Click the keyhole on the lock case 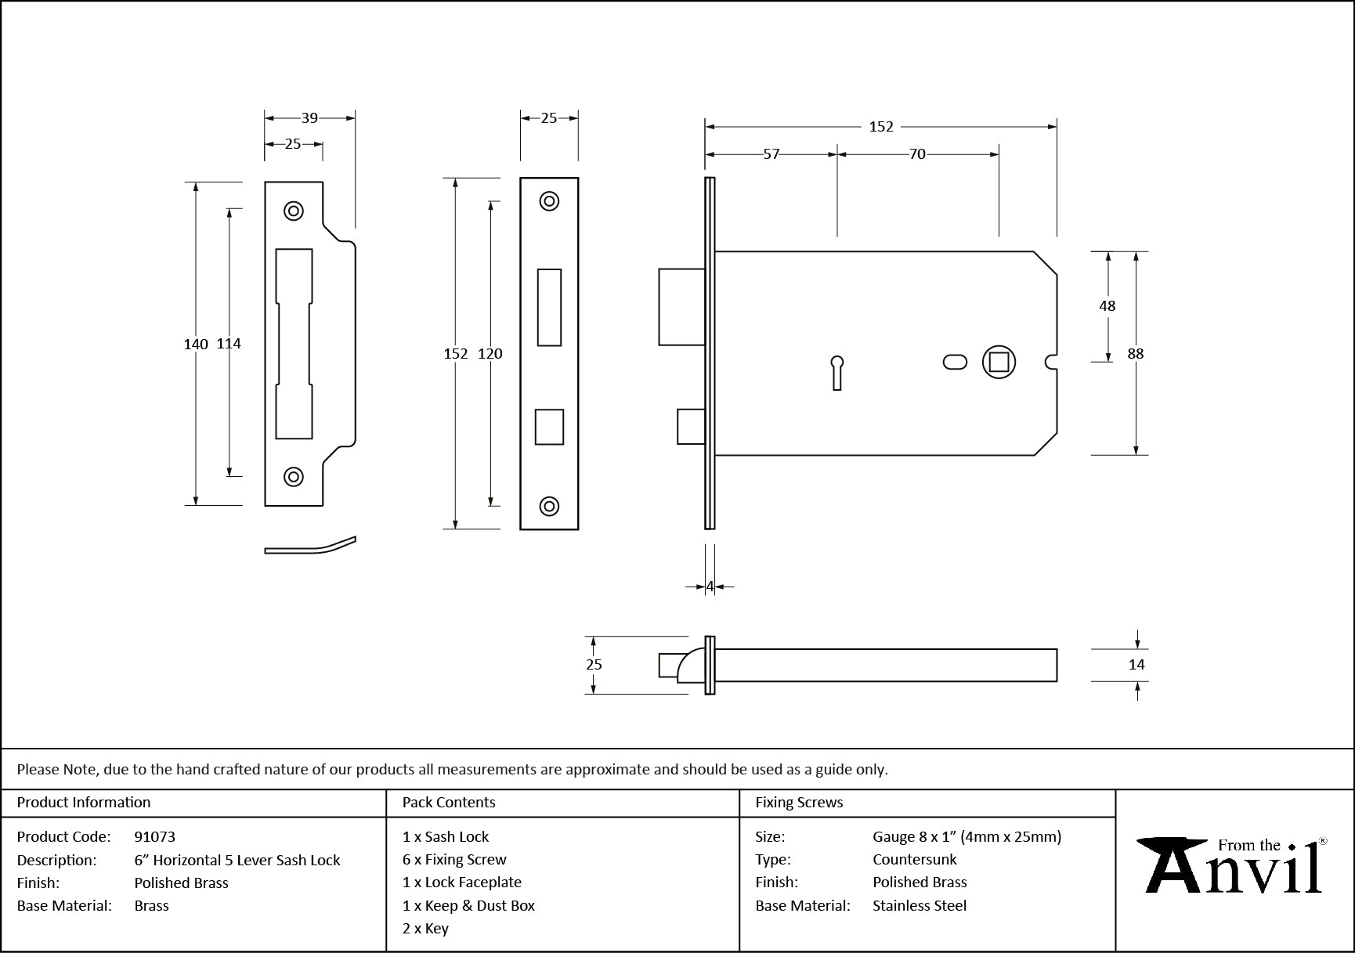click(836, 371)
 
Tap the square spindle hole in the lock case click(999, 362)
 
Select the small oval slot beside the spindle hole click(955, 362)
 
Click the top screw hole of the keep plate click(294, 211)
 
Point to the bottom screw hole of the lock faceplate click(549, 506)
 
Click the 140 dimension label click(195, 344)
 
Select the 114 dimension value click(229, 344)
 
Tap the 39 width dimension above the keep click(309, 118)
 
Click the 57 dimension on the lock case click(771, 154)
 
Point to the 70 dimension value click(917, 154)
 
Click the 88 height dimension click(1135, 354)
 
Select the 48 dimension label click(1107, 306)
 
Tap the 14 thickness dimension click(1136, 665)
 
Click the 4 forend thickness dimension click(710, 587)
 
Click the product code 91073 click(155, 837)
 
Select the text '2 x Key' click(425, 929)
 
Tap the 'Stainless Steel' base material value click(920, 906)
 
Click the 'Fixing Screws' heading click(799, 803)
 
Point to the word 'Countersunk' click(915, 860)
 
